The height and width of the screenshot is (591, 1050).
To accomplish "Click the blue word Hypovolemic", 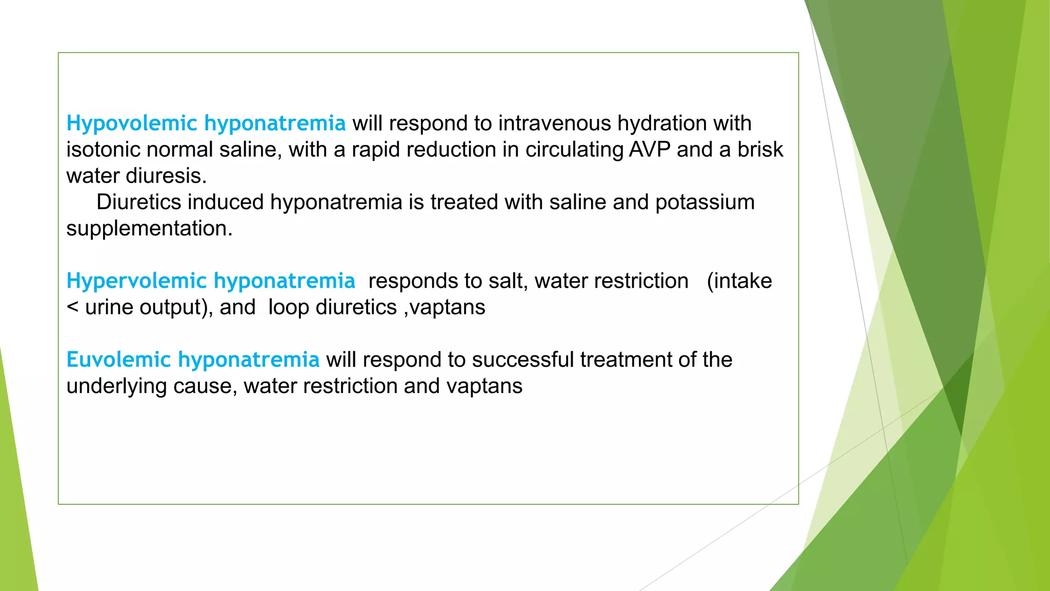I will point(132,124).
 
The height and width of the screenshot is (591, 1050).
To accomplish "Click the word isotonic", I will point(103,150).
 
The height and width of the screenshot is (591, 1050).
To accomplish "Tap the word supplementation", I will point(149,228).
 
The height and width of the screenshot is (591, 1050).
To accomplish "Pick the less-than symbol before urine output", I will point(73,307).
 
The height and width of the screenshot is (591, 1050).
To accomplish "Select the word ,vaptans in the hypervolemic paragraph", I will point(445,307).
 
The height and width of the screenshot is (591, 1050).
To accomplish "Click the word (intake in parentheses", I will point(739,281).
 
